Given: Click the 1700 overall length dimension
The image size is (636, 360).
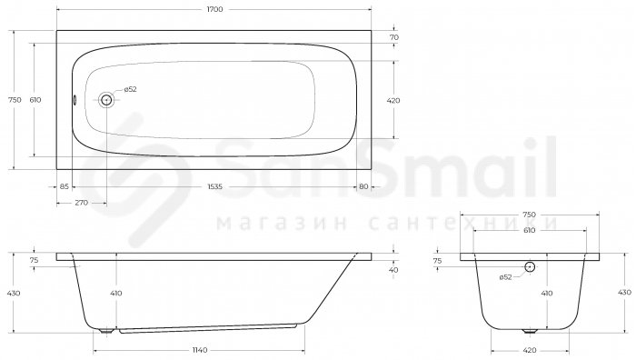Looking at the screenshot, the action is point(214,9).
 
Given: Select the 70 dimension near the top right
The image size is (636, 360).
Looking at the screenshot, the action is point(393,37).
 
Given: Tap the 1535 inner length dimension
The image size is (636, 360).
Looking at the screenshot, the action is point(215,186).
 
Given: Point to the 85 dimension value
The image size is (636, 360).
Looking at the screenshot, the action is point(65,186).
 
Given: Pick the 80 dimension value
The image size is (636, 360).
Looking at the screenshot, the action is point(363,186).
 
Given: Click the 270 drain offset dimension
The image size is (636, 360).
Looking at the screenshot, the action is point(81,203).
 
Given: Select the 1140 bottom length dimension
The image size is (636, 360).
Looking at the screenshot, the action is point(199,350).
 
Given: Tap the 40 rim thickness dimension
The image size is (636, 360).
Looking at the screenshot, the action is point(393,269).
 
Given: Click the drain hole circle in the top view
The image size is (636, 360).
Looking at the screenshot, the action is point(106,99).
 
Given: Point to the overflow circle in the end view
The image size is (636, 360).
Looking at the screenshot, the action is point(530,266).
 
